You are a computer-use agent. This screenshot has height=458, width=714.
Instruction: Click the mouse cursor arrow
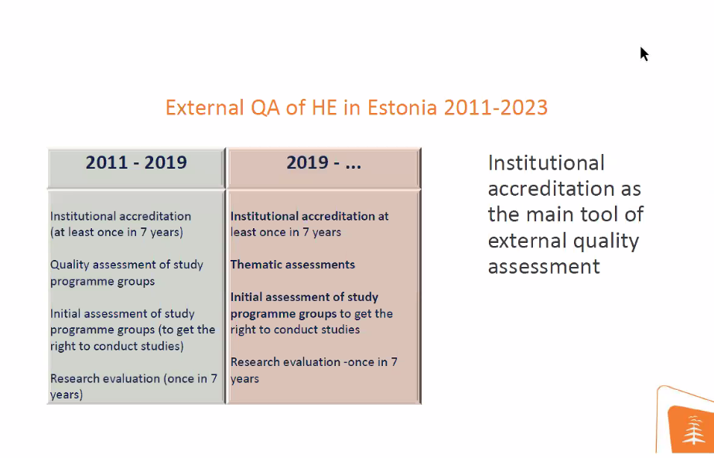pyautogui.click(x=644, y=53)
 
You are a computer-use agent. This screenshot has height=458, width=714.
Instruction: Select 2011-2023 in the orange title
pyautogui.click(x=495, y=108)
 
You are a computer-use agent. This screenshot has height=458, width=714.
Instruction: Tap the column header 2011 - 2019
pyautogui.click(x=136, y=162)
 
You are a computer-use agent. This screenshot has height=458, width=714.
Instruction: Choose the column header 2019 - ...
pyautogui.click(x=323, y=162)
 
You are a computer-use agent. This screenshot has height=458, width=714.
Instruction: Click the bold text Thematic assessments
pyautogui.click(x=292, y=265)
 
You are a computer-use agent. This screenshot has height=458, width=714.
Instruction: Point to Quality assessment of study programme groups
pyautogui.click(x=127, y=272)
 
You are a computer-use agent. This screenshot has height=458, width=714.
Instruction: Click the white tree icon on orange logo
pyautogui.click(x=693, y=429)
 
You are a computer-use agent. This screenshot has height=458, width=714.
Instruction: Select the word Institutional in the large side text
pyautogui.click(x=546, y=163)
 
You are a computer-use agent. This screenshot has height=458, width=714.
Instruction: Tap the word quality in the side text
pyautogui.click(x=606, y=241)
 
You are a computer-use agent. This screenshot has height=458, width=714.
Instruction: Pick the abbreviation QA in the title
pyautogui.click(x=265, y=108)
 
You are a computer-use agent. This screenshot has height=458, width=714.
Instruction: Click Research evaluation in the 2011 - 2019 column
pyautogui.click(x=104, y=378)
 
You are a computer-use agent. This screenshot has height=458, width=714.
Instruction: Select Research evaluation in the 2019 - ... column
pyautogui.click(x=285, y=362)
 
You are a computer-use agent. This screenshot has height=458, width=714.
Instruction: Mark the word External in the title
pyautogui.click(x=205, y=108)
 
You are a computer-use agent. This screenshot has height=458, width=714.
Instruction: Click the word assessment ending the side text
pyautogui.click(x=544, y=267)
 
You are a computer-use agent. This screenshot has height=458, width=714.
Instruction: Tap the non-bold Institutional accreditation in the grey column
pyautogui.click(x=121, y=217)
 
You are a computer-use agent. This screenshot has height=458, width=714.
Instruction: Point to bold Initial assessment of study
pyautogui.click(x=304, y=297)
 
